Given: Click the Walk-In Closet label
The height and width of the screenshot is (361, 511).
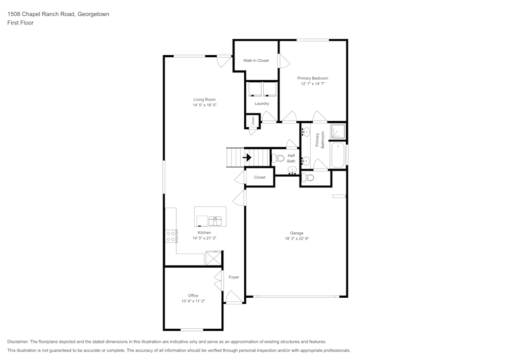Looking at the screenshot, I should (256, 60).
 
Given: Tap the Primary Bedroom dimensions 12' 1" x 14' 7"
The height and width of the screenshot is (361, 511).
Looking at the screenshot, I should (313, 83).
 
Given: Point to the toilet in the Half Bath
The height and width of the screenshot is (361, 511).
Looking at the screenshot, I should (277, 158).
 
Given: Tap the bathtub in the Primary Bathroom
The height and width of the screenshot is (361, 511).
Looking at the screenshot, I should (338, 155).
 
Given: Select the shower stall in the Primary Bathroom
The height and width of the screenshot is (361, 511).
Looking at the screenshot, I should (338, 131).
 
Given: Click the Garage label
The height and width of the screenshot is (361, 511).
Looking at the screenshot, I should (297, 233).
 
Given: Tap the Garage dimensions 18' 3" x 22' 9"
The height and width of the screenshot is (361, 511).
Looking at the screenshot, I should (297, 238).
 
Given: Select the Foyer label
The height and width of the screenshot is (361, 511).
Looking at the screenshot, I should (234, 277).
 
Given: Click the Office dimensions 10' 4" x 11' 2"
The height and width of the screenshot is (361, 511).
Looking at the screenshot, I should (193, 301).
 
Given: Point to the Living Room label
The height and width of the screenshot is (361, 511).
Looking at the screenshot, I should (204, 100).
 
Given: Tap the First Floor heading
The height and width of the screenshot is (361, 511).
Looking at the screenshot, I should (20, 23).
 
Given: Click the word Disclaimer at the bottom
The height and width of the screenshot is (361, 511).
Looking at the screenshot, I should (18, 342).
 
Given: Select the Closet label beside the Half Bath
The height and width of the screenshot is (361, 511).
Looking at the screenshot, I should (260, 177).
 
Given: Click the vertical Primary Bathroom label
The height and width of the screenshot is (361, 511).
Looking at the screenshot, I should (320, 139).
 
